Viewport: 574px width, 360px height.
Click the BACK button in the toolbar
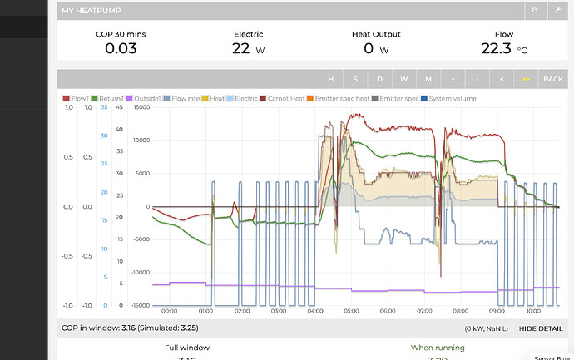552,79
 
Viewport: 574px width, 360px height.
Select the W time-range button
403,79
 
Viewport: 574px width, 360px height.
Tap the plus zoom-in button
453,79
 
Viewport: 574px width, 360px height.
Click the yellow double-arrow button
525,79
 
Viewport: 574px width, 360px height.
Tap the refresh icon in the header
537,11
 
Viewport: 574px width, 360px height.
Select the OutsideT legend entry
142,98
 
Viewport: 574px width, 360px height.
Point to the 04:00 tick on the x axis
315,312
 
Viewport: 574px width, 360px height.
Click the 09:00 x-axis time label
497,312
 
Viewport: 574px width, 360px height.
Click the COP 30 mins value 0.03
121,48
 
